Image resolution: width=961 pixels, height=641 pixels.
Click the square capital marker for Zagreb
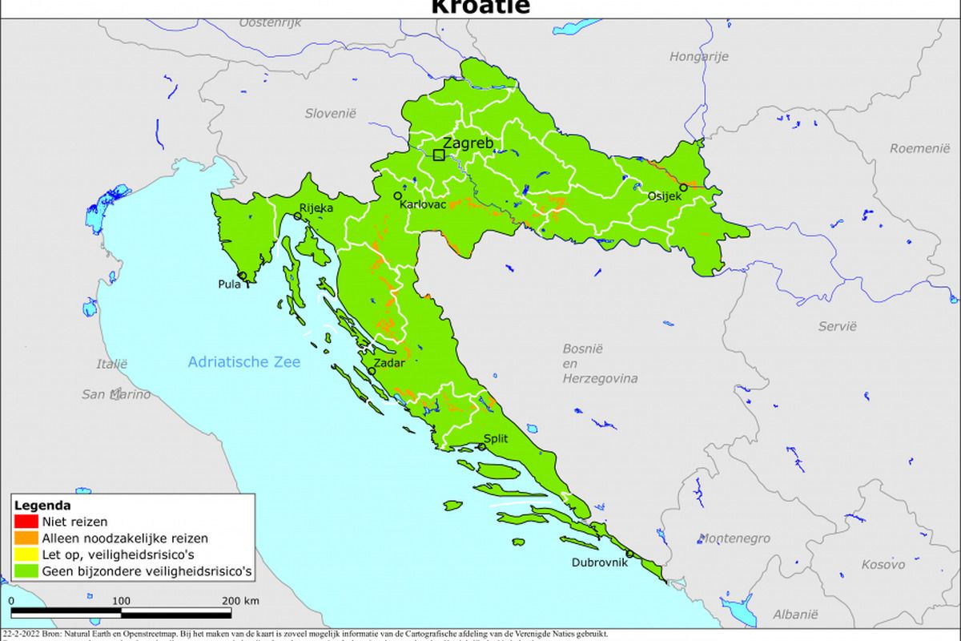pos(439,155)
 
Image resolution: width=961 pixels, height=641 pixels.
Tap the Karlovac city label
pos(423,204)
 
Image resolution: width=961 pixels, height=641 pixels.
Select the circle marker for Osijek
pos(683,187)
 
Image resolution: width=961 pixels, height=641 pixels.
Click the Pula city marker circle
pos(242,276)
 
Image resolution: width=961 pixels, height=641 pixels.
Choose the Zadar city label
pos(389,363)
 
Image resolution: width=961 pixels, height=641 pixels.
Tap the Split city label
pos(496,438)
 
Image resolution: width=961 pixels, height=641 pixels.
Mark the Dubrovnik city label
pos(600,562)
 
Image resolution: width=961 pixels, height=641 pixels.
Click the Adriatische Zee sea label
pos(244,362)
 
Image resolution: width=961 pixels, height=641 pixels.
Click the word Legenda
pos(42,506)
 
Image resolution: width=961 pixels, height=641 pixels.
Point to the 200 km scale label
pos(240,600)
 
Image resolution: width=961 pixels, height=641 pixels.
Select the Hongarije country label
pos(698,56)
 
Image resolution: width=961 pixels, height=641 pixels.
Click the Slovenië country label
pos(329,114)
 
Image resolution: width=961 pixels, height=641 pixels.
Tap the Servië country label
pos(837,326)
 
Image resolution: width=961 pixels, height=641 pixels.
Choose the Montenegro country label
pos(734,538)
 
